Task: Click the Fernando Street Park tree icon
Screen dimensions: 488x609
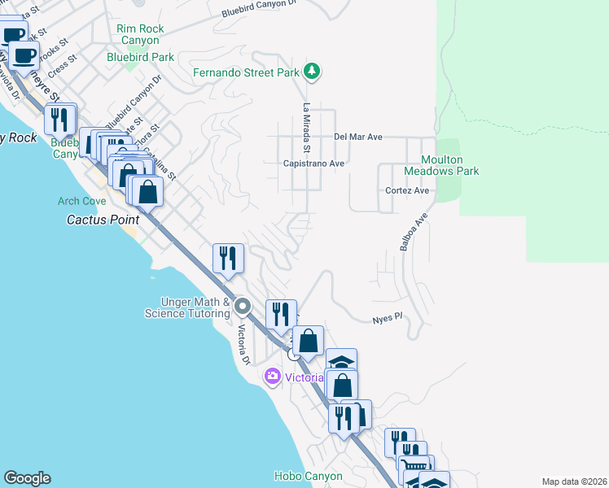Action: coord(311,72)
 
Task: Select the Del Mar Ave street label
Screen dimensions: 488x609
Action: coord(357,137)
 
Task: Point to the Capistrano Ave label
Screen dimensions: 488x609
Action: coord(314,163)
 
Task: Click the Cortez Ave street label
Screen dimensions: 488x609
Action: coord(407,190)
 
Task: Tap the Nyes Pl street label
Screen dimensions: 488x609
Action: coord(388,318)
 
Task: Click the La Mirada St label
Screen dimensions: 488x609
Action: coord(307,128)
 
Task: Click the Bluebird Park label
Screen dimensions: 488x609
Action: coord(141,57)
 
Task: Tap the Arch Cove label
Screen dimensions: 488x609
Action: coord(81,201)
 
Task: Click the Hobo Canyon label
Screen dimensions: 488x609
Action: coord(308,476)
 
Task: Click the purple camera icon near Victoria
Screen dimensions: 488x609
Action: coord(272,377)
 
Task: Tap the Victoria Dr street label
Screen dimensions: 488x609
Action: coord(243,346)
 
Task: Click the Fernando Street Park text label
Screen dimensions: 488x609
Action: coord(246,72)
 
